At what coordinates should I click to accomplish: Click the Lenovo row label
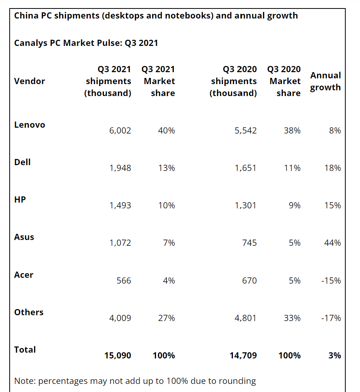(29, 125)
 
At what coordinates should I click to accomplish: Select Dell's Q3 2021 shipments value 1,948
(120, 168)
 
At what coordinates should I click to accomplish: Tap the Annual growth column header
(325, 81)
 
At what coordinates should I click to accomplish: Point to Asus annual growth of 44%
(333, 243)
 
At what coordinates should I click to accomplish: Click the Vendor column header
(29, 81)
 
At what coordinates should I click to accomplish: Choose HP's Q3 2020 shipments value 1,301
(245, 205)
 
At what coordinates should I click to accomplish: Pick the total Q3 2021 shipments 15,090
(117, 355)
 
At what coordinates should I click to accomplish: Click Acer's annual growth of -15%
(331, 280)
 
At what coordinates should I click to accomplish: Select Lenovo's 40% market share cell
(166, 130)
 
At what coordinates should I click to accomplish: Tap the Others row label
(29, 312)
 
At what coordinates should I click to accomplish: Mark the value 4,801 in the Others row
(245, 318)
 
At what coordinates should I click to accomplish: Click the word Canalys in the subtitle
(31, 43)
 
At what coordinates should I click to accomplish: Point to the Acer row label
(24, 275)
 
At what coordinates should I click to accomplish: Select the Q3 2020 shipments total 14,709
(243, 355)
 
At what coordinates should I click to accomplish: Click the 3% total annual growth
(335, 355)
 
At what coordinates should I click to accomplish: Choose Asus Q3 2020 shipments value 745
(249, 243)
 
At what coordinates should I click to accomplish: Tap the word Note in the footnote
(24, 381)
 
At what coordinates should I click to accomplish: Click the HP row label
(20, 199)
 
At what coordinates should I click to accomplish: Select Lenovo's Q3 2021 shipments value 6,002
(120, 130)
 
